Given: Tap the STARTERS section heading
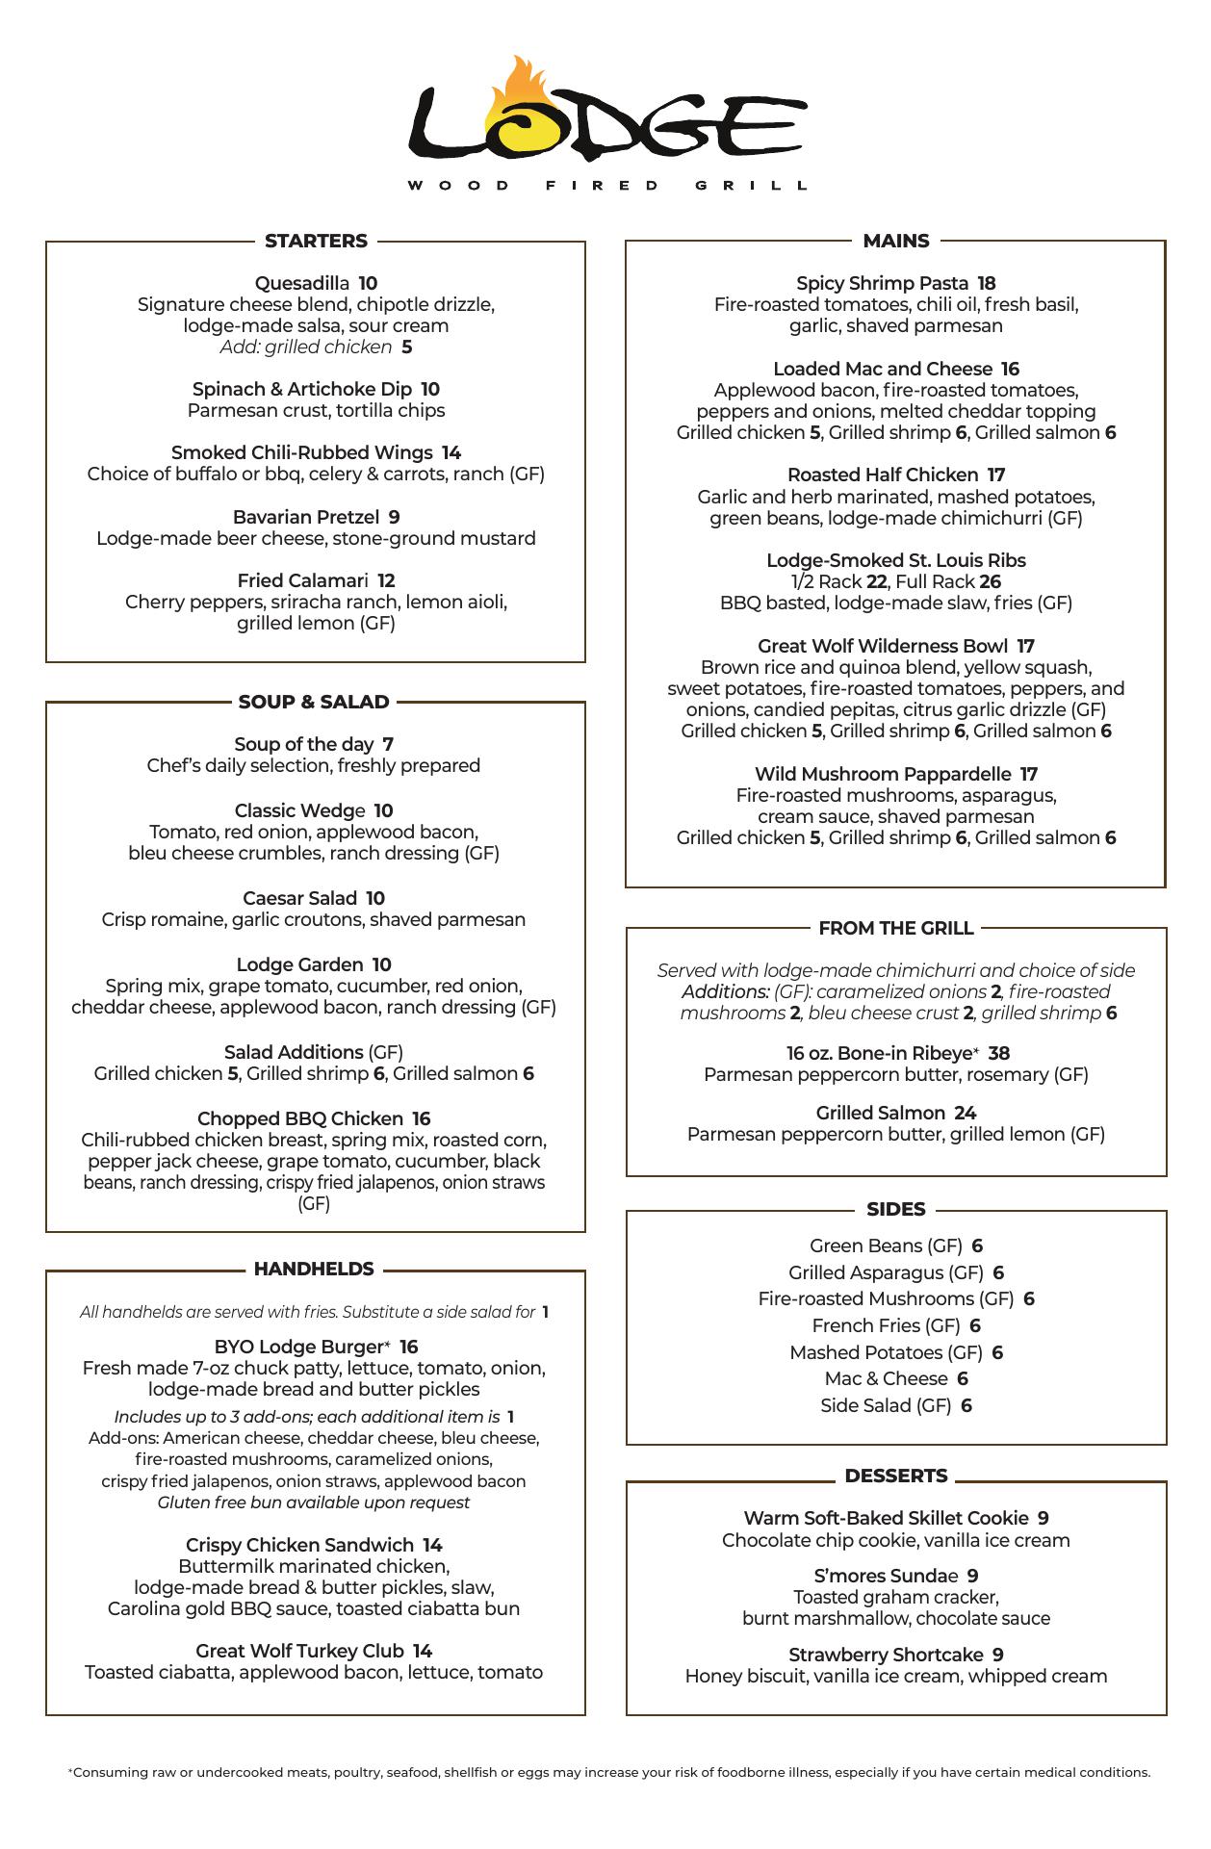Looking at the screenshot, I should tap(316, 241).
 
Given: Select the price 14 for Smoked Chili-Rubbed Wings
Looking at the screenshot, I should tap(451, 452).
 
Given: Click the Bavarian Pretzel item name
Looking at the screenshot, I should tap(306, 517).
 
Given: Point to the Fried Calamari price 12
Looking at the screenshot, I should tap(386, 580).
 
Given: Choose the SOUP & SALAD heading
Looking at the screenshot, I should tap(314, 702).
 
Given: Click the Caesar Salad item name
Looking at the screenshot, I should tap(299, 898).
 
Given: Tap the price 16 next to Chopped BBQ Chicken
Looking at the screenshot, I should tap(421, 1118).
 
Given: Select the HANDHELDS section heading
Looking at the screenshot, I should tap(314, 1269).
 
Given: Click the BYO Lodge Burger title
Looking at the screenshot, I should tap(302, 1347).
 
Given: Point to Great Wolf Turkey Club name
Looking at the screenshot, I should tap(299, 1651).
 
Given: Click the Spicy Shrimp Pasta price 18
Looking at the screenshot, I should tap(987, 283).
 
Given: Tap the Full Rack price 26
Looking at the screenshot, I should tap(990, 581).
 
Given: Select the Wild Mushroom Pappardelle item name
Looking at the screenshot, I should tap(883, 774).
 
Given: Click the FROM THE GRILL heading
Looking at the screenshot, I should tap(896, 928).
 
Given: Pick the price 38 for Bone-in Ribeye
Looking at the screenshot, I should tap(998, 1053).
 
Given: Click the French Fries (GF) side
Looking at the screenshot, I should tap(886, 1325).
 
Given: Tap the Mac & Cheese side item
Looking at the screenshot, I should tap(886, 1378).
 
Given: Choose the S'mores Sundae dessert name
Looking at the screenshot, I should tap(886, 1576).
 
